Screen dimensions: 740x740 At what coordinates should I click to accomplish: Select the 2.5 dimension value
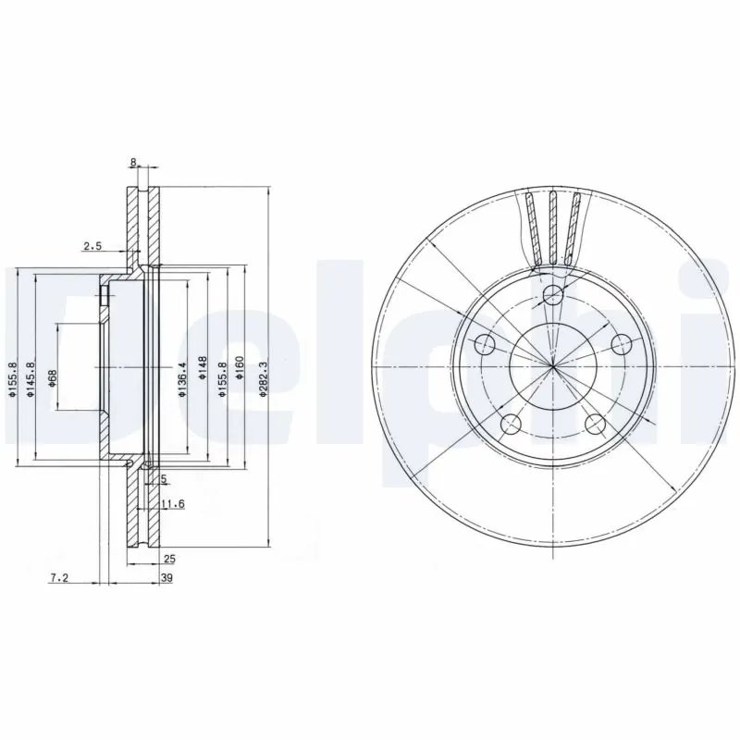click(92, 246)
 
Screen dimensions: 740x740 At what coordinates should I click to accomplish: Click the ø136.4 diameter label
click(183, 377)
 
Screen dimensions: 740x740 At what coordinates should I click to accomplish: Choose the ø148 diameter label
click(203, 376)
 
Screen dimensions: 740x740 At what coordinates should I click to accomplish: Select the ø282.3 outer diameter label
click(264, 377)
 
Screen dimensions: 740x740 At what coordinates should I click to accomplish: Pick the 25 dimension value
click(168, 560)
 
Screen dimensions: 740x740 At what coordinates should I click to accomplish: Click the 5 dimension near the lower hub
click(163, 479)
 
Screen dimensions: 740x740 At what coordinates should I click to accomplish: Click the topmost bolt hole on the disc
click(552, 296)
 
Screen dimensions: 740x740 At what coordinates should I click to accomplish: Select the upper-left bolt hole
click(485, 345)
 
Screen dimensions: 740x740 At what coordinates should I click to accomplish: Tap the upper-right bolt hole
click(621, 345)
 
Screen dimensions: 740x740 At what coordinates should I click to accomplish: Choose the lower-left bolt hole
click(511, 425)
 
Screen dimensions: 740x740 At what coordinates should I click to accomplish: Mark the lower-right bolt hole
click(595, 425)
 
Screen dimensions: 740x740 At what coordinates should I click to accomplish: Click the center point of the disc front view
click(552, 367)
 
